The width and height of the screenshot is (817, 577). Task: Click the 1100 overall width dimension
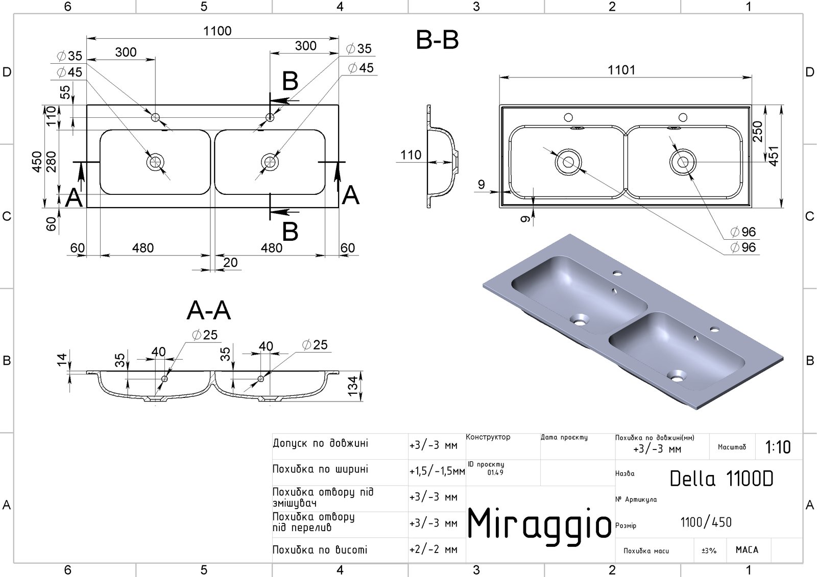pyautogui.click(x=218, y=31)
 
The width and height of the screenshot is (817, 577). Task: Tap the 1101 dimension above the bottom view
pyautogui.click(x=621, y=70)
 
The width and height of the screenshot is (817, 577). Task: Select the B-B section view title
pyautogui.click(x=438, y=40)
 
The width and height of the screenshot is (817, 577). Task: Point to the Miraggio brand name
pyautogui.click(x=539, y=524)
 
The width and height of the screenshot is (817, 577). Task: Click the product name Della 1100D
pyautogui.click(x=721, y=479)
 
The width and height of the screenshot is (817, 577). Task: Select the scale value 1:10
pyautogui.click(x=778, y=447)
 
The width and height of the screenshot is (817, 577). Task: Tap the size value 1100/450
pyautogui.click(x=706, y=522)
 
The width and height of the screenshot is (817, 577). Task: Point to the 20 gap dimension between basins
pyautogui.click(x=231, y=262)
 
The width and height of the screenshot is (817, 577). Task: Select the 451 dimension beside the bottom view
pyautogui.click(x=774, y=157)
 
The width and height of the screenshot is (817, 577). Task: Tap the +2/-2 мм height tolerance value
pyautogui.click(x=434, y=550)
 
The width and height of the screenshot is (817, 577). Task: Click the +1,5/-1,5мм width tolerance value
pyautogui.click(x=437, y=472)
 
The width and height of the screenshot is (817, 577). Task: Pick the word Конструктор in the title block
pyautogui.click(x=488, y=437)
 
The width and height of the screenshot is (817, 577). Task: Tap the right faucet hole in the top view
pyautogui.click(x=270, y=118)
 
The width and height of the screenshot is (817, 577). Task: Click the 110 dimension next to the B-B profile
pyautogui.click(x=411, y=155)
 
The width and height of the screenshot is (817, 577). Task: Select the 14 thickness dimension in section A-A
pyautogui.click(x=62, y=360)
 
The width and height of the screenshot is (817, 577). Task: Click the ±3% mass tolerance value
pyautogui.click(x=709, y=551)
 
